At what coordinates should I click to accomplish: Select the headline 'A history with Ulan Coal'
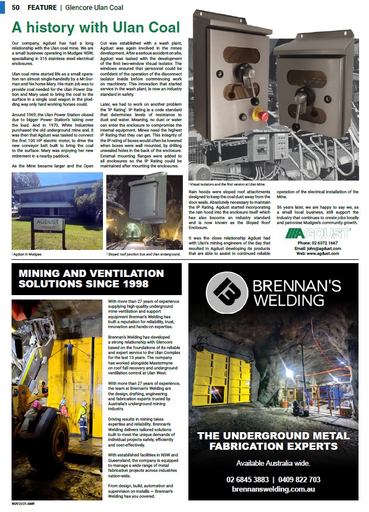click(96, 28)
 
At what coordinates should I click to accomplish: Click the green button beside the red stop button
click(243, 116)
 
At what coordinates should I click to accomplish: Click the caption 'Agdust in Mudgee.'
click(27, 255)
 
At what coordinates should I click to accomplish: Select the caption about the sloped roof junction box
click(143, 255)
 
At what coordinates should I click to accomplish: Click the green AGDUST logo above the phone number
click(318, 233)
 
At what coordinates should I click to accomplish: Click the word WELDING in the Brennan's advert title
click(287, 299)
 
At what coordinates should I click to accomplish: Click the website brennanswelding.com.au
click(273, 489)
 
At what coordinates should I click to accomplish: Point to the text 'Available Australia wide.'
click(273, 462)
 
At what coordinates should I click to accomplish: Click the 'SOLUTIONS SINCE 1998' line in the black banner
click(84, 284)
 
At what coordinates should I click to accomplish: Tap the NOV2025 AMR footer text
click(23, 504)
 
